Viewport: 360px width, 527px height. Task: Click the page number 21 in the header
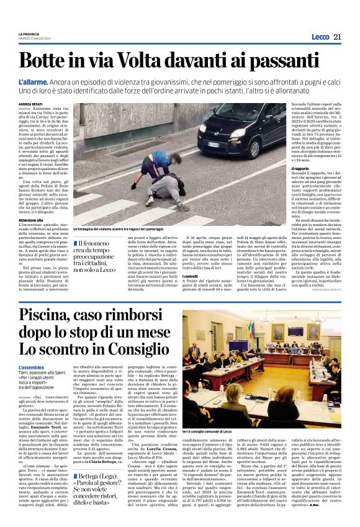pos(337,37)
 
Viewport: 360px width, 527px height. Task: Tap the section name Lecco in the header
pos(320,37)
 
